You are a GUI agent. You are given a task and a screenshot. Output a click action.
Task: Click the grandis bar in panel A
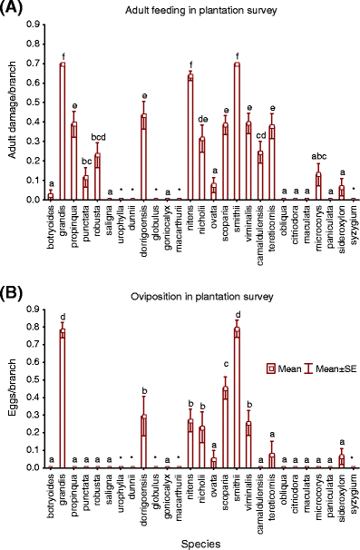pyautogui.click(x=63, y=133)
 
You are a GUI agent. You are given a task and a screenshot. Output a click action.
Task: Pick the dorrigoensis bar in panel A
pyautogui.click(x=144, y=158)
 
